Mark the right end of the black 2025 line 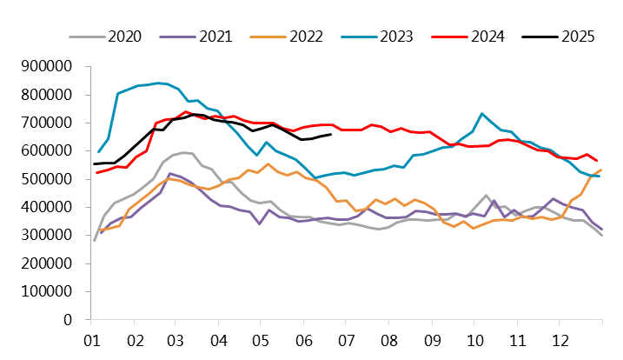click(x=331, y=133)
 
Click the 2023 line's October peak click(x=481, y=114)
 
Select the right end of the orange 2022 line click(x=601, y=170)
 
